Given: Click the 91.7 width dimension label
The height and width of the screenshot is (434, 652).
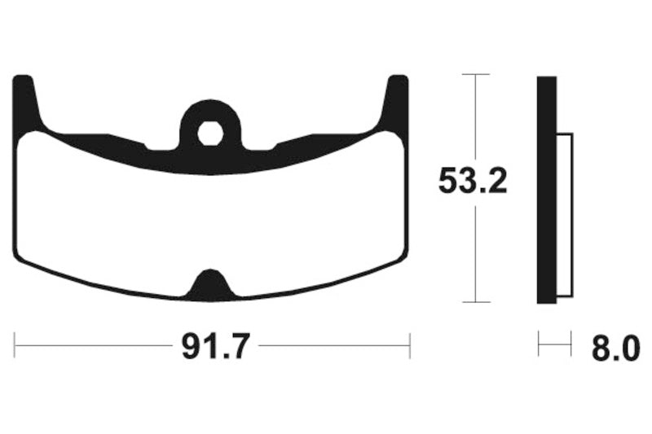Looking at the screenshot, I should click(212, 349).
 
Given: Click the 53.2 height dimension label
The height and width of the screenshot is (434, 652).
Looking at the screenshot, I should click(473, 181).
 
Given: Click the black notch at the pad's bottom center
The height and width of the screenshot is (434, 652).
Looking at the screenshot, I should click(210, 283).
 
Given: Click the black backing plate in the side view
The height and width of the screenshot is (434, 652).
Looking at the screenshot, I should click(546, 189).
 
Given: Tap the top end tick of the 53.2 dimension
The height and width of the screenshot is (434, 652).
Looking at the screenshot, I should click(475, 74).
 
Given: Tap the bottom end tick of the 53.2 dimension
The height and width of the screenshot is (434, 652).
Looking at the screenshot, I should click(475, 302).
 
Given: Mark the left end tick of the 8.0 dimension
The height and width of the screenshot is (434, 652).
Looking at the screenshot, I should click(539, 344).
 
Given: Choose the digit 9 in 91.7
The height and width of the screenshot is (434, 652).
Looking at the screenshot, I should click(188, 349).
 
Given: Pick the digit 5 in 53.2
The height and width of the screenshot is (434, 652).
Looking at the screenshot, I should click(449, 181).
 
